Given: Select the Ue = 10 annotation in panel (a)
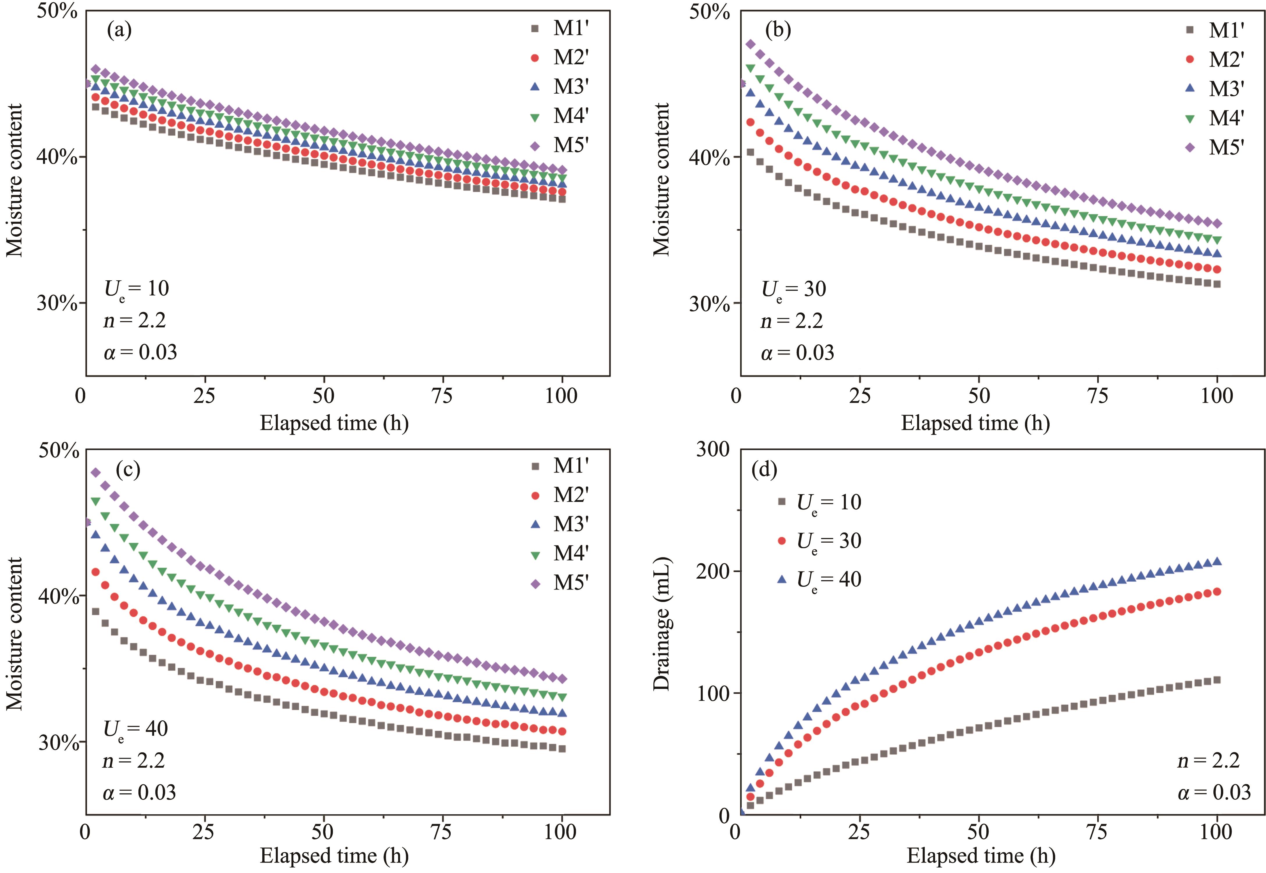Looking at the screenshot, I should [137, 289].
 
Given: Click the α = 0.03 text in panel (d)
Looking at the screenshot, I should [1214, 792].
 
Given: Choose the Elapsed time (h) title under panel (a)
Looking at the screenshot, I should [334, 423].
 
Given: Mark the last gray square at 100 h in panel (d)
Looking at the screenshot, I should [1217, 680].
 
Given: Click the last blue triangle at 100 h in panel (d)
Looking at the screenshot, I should [1217, 561].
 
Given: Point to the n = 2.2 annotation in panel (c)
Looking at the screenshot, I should [134, 760].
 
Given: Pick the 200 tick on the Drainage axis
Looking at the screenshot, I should [713, 571].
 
